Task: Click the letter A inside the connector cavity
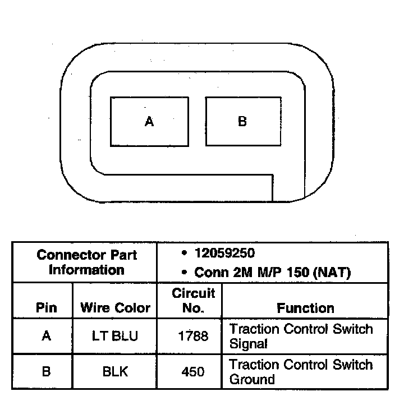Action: pyautogui.click(x=149, y=122)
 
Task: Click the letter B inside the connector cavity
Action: pyautogui.click(x=242, y=121)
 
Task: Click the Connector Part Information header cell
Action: pyautogui.click(x=86, y=262)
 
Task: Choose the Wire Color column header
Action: pyautogui.click(x=115, y=308)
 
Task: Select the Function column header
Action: pyautogui.click(x=305, y=308)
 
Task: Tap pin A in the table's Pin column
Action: pyautogui.click(x=46, y=337)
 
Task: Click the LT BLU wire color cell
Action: pyautogui.click(x=115, y=337)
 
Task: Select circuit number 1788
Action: pyautogui.click(x=193, y=337)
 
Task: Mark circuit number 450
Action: pyautogui.click(x=193, y=371)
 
